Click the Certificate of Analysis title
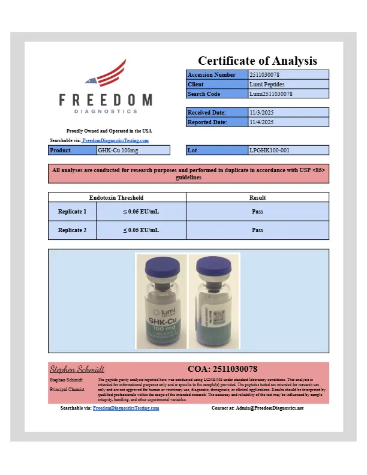(x=257, y=61)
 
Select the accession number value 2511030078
(x=264, y=75)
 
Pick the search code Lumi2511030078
(x=270, y=94)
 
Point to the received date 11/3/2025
(x=261, y=112)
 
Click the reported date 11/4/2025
(x=261, y=122)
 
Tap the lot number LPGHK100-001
(x=269, y=150)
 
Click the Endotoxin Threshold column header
(x=116, y=197)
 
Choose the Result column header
(x=257, y=197)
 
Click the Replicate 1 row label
(x=72, y=212)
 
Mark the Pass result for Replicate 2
(x=257, y=230)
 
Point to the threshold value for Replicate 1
(x=141, y=212)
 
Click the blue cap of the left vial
(x=160, y=266)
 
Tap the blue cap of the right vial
(x=213, y=266)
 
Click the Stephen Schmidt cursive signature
(x=77, y=369)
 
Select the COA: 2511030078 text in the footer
(x=222, y=369)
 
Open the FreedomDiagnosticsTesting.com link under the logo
(x=116, y=140)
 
